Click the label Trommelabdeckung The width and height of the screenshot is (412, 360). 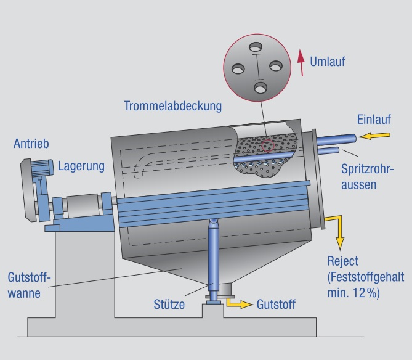coord(172,106)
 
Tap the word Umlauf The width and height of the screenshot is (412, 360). coord(328,61)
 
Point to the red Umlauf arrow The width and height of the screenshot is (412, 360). coord(301,63)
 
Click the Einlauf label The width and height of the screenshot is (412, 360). coord(374,120)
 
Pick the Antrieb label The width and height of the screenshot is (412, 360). coord(31,144)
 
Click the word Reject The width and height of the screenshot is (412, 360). coord(344,261)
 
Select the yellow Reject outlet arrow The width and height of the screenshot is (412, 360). coord(337,229)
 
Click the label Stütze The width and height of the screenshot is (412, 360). coord(171,304)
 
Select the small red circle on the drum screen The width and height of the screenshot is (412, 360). coord(267,146)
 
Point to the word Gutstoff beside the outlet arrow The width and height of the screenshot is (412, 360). coord(276,304)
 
